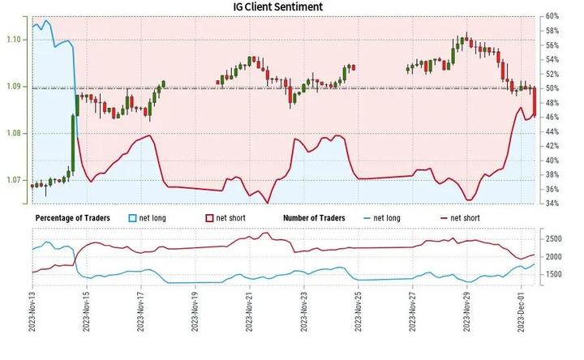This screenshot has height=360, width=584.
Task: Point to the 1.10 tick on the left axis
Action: pos(13,40)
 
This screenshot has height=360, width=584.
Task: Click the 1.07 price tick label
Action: pos(13,179)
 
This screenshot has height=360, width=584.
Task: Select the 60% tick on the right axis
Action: pos(554,16)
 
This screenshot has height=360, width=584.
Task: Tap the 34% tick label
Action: pos(554,204)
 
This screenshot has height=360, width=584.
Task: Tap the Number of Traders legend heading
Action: pos(314,218)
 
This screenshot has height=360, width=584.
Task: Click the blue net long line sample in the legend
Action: pos(368,218)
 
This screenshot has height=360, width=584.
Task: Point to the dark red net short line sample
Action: pos(444,218)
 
